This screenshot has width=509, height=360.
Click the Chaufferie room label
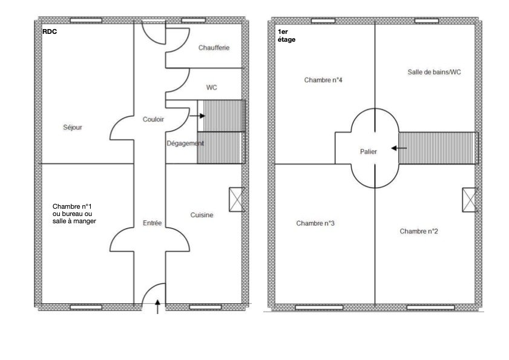214,48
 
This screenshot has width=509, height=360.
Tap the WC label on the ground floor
211,88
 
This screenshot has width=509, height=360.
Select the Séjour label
73,127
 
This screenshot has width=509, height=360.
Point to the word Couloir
153,119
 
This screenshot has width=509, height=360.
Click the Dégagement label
185,143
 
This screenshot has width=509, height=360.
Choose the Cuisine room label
202,215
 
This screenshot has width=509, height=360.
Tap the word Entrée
153,223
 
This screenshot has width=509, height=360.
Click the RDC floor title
50,31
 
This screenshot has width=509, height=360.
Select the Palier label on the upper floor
369,152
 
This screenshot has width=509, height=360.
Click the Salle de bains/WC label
435,72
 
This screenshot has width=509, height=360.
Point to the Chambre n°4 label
323,80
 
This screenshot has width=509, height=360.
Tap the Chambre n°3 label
315,223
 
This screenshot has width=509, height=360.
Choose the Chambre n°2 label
419,231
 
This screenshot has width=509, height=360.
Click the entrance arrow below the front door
158,307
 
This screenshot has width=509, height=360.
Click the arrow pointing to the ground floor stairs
197,116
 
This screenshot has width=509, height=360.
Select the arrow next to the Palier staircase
399,148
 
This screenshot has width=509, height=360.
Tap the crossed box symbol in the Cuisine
237,200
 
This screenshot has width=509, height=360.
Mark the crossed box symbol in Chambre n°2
470,200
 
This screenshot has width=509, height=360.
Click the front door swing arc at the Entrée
153,293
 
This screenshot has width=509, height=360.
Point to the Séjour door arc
122,128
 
